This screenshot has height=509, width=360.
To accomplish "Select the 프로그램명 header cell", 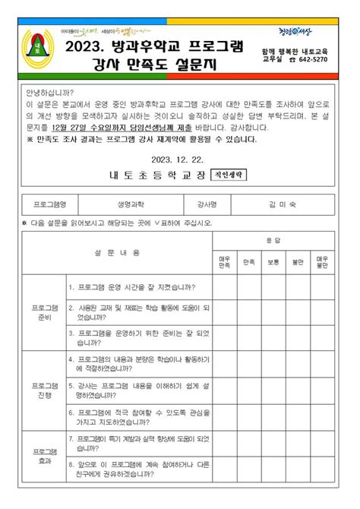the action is [50, 204].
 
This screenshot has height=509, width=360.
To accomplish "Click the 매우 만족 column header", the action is [224, 262].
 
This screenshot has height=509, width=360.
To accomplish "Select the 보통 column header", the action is [273, 262].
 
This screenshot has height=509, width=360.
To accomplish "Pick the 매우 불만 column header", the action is [322, 262].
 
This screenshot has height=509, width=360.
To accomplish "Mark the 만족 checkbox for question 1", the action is [248, 287].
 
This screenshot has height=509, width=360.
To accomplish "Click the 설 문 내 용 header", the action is [117, 251].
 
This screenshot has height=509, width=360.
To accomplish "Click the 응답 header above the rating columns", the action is [273, 240].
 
